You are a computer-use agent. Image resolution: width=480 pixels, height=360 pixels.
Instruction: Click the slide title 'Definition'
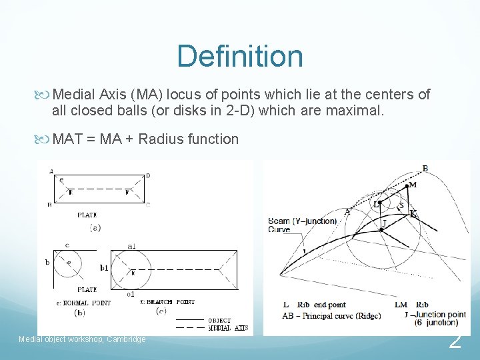click(239, 56)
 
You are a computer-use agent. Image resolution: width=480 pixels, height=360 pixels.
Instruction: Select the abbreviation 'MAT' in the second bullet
click(67, 139)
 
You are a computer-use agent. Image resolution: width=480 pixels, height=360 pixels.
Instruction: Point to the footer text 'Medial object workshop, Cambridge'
click(82, 339)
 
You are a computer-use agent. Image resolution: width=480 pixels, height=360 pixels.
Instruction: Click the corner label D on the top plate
click(148, 175)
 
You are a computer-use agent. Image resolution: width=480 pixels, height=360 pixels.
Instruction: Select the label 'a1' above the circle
click(132, 246)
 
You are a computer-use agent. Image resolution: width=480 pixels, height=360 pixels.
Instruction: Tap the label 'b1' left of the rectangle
click(104, 268)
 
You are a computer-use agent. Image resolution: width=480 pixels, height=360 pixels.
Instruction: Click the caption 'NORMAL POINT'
click(87, 302)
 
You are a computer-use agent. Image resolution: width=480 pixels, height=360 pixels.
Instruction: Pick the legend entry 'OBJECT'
click(219, 320)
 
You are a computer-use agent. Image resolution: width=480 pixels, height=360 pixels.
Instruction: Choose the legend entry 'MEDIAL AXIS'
click(227, 327)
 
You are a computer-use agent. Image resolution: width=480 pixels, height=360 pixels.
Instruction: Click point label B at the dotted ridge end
click(425, 168)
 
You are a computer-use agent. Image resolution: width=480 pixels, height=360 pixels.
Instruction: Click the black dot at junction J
click(381, 229)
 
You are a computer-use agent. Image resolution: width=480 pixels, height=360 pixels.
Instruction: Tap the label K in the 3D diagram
click(413, 213)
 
